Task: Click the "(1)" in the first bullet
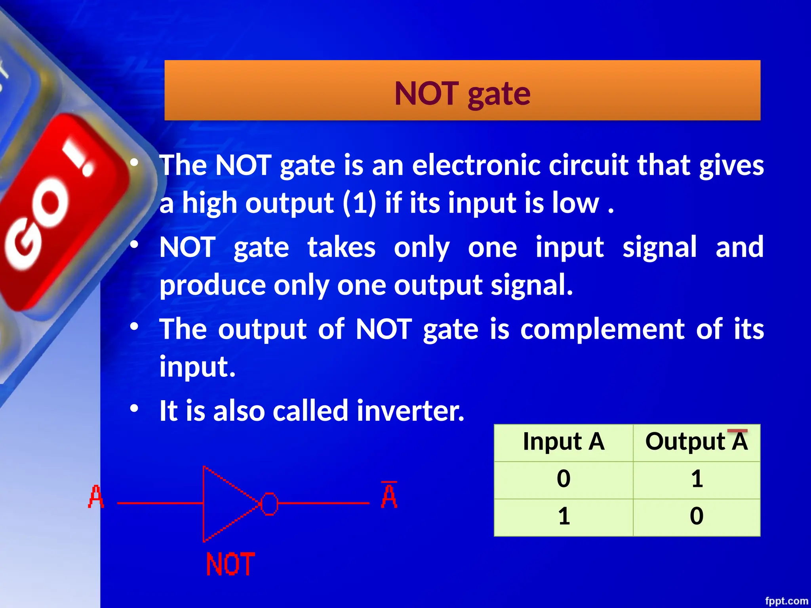click(359, 203)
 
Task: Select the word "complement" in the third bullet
click(602, 329)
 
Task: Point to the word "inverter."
click(410, 411)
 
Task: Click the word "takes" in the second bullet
click(341, 247)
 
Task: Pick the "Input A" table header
click(564, 441)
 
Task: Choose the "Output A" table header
click(697, 441)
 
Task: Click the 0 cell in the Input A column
click(564, 479)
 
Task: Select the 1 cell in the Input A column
click(564, 516)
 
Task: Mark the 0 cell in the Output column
click(697, 516)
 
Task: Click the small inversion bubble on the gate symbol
click(270, 503)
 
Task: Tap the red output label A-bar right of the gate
click(389, 496)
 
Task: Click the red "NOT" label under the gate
click(230, 564)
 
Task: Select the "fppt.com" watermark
click(786, 601)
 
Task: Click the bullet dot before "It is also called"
click(135, 408)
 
